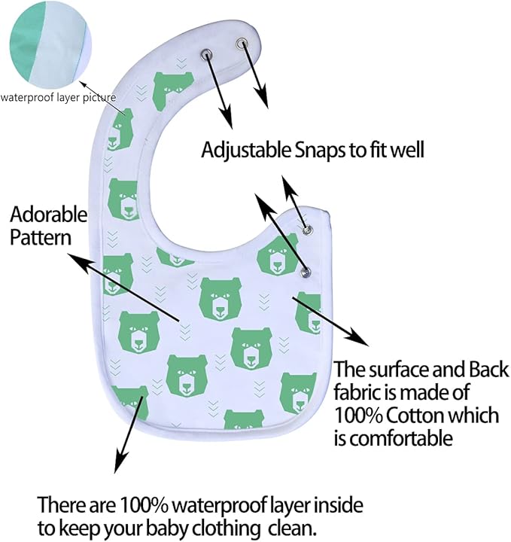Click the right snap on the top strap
pyautogui.click(x=242, y=44)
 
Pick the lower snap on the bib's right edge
pyautogui.click(x=305, y=271)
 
